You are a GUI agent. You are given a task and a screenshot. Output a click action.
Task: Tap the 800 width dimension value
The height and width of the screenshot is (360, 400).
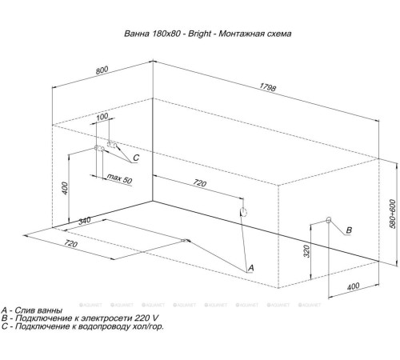coord(102,70)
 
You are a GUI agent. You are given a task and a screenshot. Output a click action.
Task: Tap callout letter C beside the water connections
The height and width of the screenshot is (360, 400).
coord(136,158)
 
